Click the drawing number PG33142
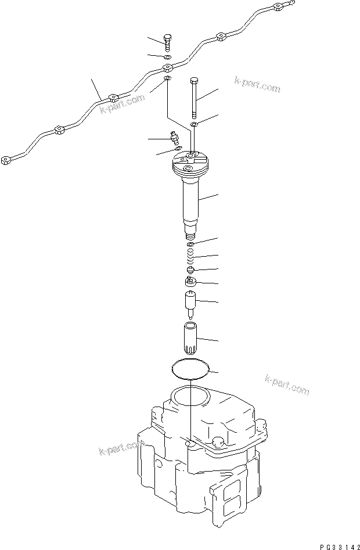pos(332,542)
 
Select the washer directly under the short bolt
pos(167,56)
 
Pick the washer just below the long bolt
pos(195,124)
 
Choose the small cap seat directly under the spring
pos(190,269)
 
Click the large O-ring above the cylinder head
pos(190,369)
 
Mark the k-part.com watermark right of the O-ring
pos(286,384)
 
